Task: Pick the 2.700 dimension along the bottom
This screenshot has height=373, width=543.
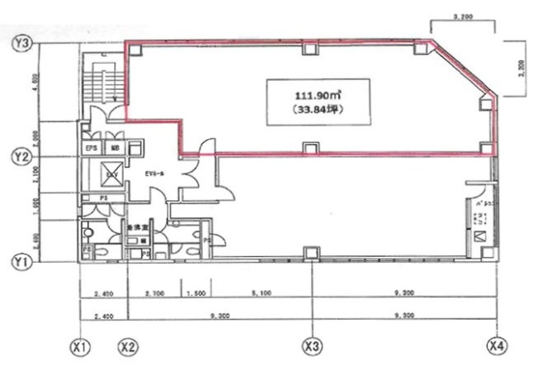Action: point(154,293)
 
